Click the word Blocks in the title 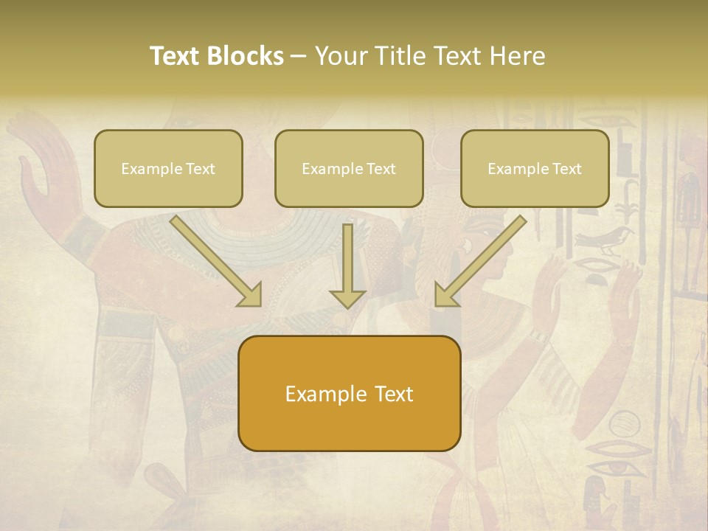pos(247,56)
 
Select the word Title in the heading pos(397,56)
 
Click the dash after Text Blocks pos(299,57)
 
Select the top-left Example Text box pos(168,168)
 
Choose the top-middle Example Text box pos(349,168)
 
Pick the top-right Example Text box pos(535,168)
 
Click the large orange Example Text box pos(349,393)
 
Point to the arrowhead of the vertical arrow pos(347,298)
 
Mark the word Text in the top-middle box pos(381,169)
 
